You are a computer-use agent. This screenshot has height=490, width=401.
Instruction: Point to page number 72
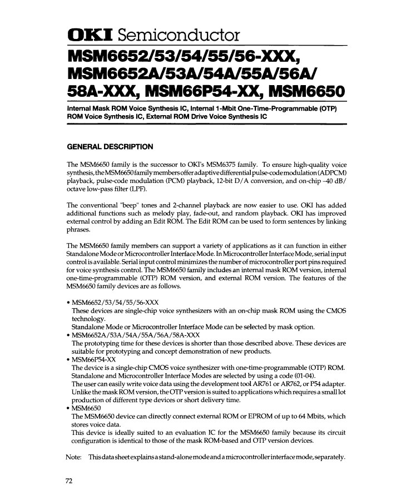(71, 482)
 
